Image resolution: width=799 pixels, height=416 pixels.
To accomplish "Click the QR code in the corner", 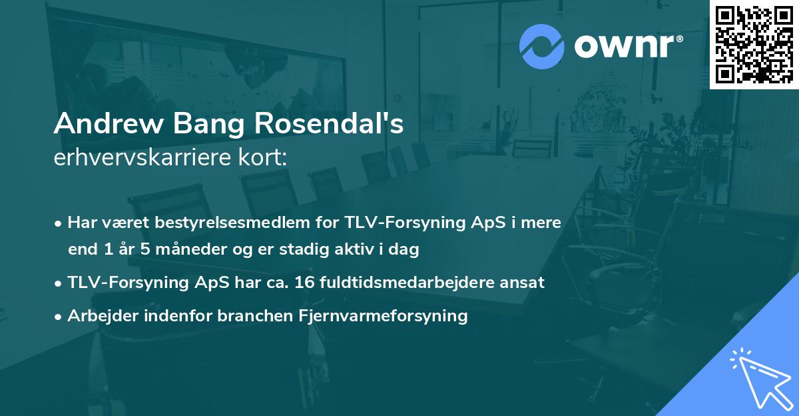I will [x=754, y=45].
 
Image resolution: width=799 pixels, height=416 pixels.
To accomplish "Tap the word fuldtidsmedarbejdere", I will [x=419, y=283].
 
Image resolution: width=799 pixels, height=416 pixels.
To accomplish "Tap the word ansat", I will [x=525, y=283].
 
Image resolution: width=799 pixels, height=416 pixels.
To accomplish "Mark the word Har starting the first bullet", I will [x=81, y=223].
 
